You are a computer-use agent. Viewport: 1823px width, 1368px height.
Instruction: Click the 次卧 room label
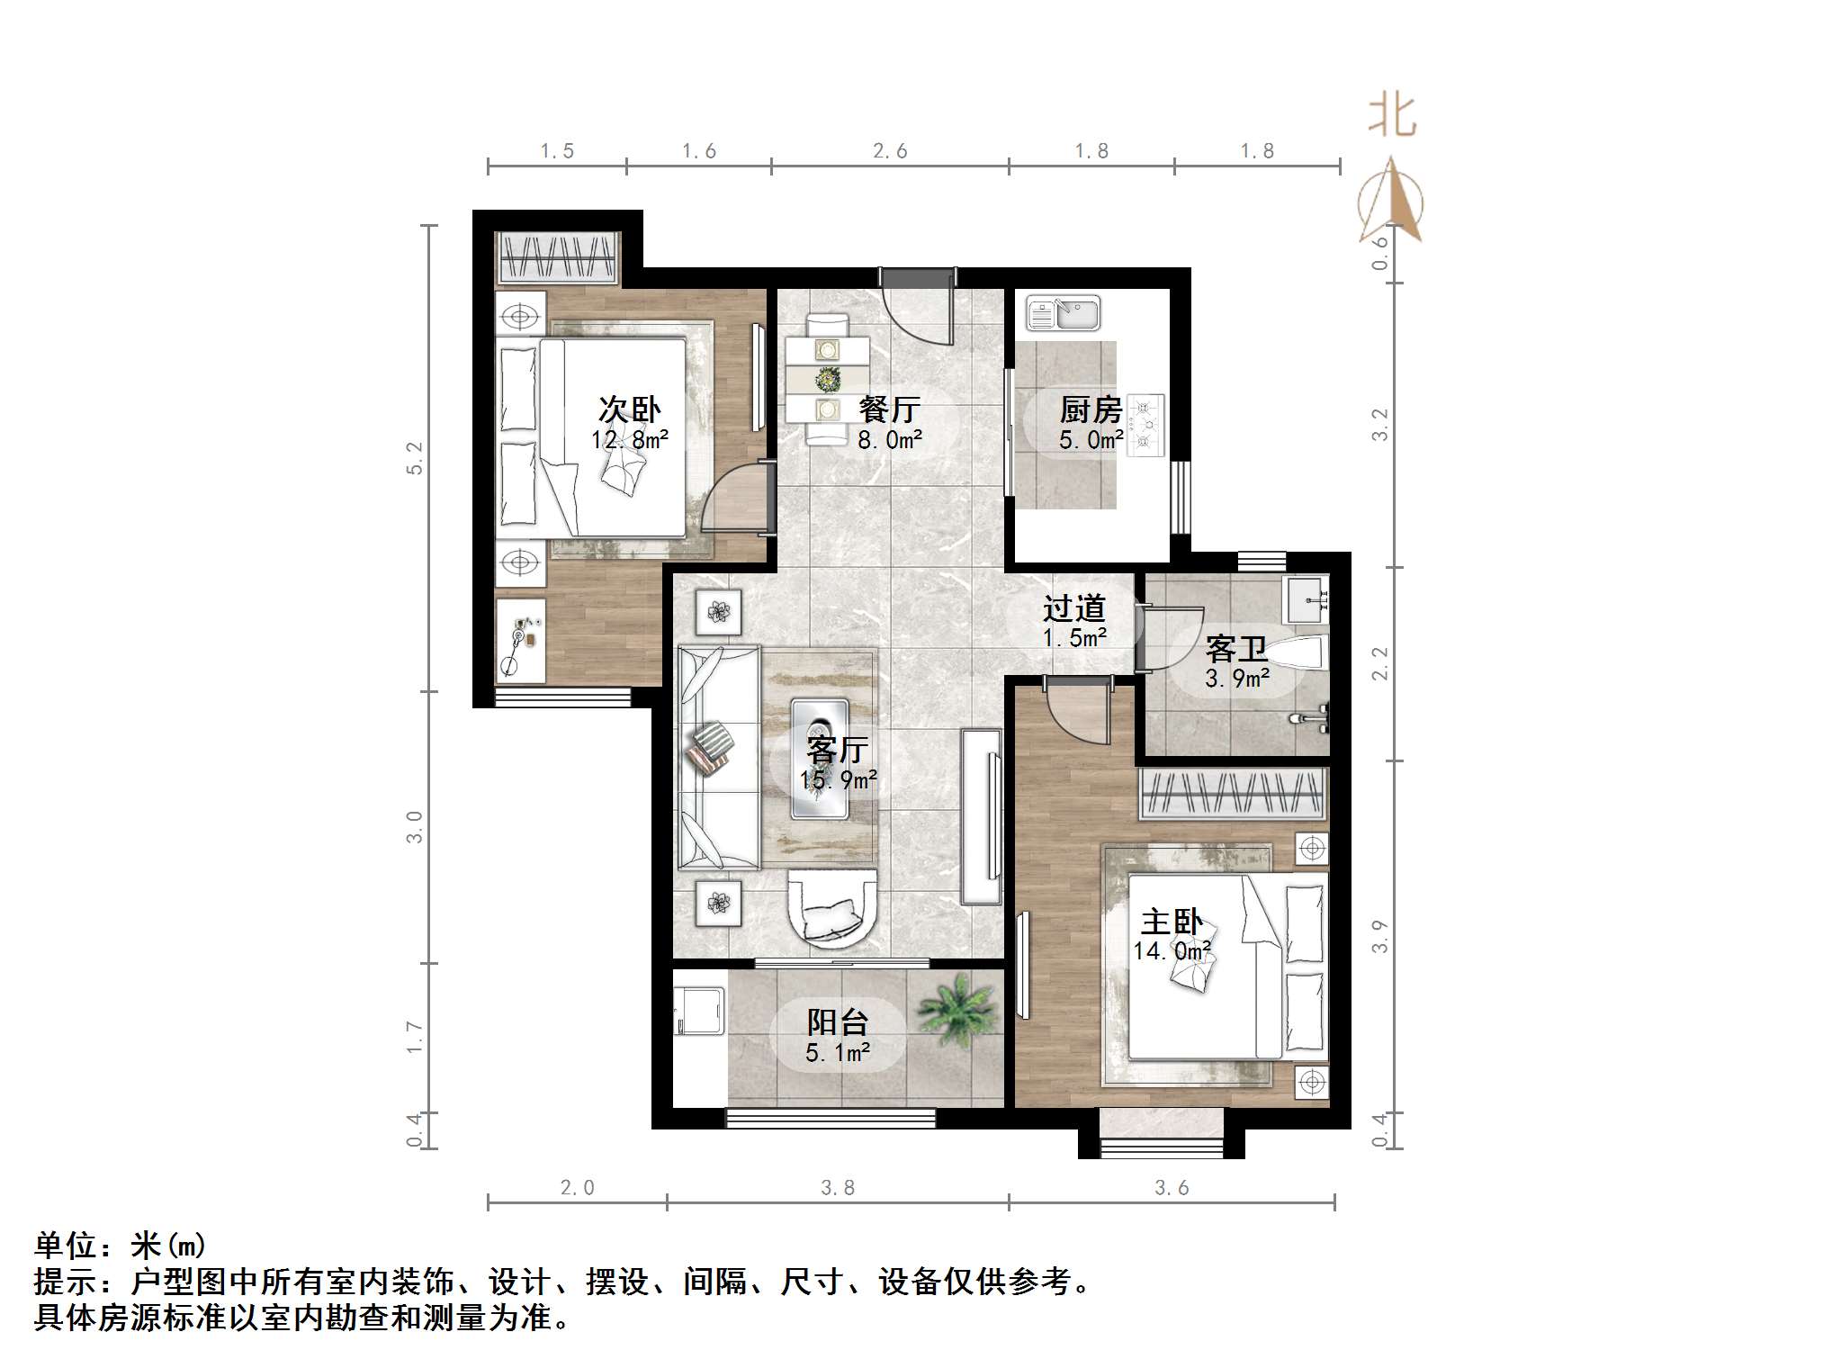tap(629, 409)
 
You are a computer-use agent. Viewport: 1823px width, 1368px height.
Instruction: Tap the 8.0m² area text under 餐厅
tap(889, 440)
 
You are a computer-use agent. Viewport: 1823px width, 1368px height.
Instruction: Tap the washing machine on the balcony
tap(700, 1011)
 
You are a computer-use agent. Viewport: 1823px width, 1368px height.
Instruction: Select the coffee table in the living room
tap(819, 758)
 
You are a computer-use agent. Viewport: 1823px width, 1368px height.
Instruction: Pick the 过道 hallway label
tap(1073, 608)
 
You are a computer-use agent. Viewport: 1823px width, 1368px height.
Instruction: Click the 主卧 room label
tap(1171, 922)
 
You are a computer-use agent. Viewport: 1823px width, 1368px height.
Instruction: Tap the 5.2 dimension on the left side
tap(414, 458)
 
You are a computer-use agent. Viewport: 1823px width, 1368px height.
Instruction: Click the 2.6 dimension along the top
tap(889, 151)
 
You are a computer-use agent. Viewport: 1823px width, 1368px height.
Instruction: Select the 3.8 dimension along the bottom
tap(837, 1188)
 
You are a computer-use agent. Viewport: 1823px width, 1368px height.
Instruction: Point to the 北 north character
tap(1391, 117)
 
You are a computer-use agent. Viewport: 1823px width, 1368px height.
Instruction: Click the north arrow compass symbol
tap(1391, 202)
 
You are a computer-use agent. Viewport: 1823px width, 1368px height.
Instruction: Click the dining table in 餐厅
tap(826, 379)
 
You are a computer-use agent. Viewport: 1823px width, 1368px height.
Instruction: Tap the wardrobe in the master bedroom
tap(1233, 794)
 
